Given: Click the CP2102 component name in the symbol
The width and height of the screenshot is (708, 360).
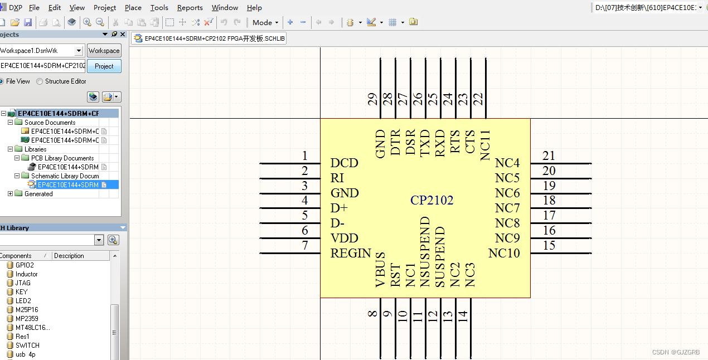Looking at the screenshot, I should tap(431, 201).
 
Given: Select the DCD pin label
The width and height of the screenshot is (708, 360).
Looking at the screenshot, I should tap(344, 163).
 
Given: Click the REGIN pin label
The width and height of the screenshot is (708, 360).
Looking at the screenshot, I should tap(350, 254).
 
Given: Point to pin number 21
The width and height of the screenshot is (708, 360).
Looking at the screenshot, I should tap(549, 156).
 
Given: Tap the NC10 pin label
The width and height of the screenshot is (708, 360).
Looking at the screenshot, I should tap(504, 254).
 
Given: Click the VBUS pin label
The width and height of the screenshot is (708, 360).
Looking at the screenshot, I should tap(381, 270).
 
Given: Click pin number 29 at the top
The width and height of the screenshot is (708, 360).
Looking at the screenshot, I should tap(372, 99).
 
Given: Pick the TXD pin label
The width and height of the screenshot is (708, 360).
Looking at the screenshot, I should tap(425, 144).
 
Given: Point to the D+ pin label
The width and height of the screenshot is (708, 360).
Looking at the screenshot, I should tap(339, 208).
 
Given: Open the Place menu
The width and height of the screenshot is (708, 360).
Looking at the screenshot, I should tap(133, 8).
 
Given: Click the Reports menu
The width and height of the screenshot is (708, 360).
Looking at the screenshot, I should tap(190, 8).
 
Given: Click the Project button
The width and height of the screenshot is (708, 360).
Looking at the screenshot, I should tap(104, 66).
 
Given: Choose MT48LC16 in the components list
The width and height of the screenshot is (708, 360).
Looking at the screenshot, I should tap(32, 328).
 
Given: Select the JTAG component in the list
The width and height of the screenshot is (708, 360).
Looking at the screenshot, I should tap(23, 283).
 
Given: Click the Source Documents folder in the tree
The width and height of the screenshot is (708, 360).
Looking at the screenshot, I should tap(50, 123).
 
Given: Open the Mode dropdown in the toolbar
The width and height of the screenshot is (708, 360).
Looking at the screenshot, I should tap(265, 23).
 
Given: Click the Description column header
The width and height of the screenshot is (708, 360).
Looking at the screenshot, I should tap(69, 256).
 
